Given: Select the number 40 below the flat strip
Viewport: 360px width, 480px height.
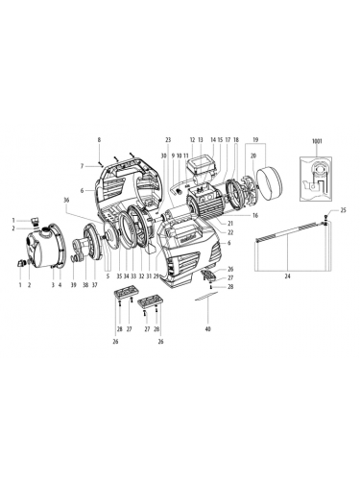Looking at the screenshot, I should (x=207, y=329).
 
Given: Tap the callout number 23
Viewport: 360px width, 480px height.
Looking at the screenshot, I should (x=167, y=140).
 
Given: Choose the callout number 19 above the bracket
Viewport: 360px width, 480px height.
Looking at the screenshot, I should (x=254, y=140).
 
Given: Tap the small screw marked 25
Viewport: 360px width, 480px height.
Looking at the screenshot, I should (x=330, y=216).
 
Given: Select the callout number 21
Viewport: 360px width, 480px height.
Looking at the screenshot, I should (x=231, y=223).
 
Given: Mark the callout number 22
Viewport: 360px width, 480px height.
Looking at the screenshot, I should (x=231, y=232).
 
